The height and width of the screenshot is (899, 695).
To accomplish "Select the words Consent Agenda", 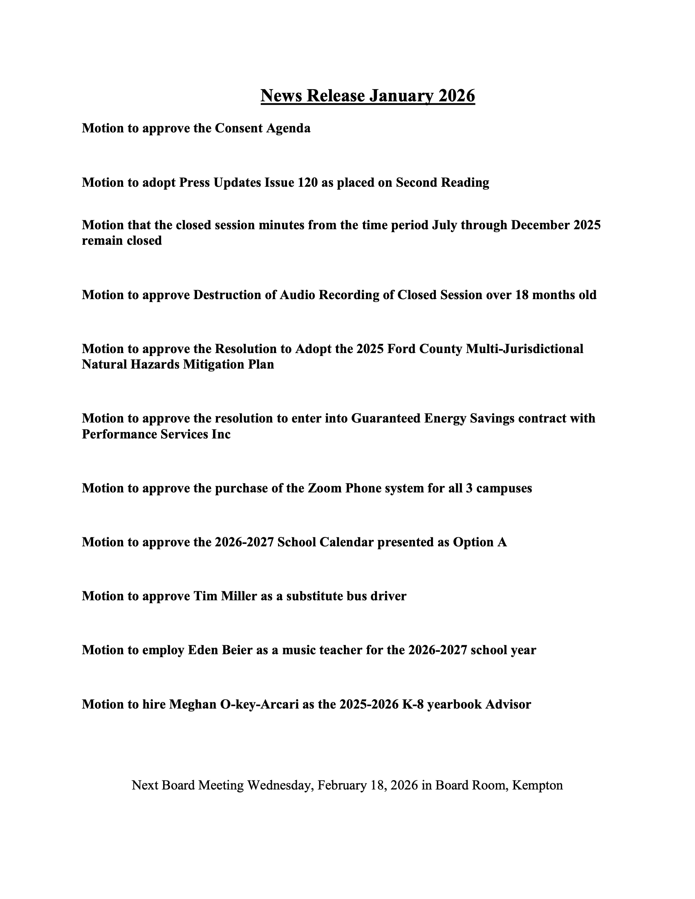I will [263, 128].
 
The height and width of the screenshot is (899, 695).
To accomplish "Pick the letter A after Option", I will [502, 542].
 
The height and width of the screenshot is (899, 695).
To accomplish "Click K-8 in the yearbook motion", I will [413, 704].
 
